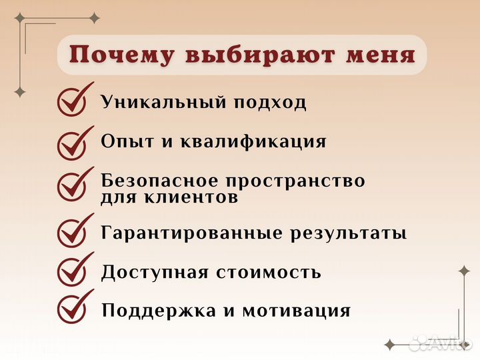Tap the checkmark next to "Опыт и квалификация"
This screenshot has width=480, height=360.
coord(73,142)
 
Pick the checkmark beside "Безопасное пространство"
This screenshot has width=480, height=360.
coord(73,185)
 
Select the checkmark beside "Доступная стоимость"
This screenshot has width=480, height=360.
coord(73,271)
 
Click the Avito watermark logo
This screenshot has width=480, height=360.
coord(440,343)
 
